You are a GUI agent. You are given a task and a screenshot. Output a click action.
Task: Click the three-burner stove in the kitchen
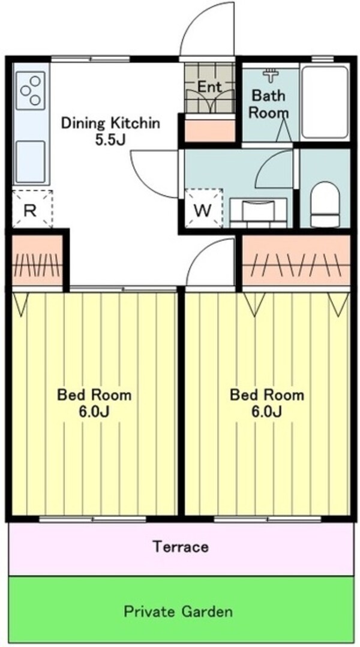point(31,91)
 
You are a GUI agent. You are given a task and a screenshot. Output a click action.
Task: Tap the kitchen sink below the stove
point(30,160)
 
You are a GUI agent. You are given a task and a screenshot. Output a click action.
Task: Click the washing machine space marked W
point(203,209)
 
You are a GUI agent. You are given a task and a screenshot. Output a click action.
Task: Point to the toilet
point(325,203)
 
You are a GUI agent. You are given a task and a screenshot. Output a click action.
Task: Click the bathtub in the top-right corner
point(324,102)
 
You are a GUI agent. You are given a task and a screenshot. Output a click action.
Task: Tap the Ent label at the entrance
point(209,86)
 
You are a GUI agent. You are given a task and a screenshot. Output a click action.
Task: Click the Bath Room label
point(268,103)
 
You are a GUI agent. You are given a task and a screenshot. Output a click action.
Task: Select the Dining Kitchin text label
point(111,124)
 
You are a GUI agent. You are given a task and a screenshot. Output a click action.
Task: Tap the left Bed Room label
point(94,395)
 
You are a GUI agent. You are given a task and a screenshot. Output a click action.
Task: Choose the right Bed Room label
point(267,395)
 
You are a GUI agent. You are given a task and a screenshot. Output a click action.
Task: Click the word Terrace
point(180,547)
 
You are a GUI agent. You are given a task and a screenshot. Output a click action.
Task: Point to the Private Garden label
point(178,612)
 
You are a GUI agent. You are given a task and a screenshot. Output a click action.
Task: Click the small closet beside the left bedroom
point(37,261)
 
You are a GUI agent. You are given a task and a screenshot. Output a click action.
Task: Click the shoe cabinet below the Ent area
point(209,130)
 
